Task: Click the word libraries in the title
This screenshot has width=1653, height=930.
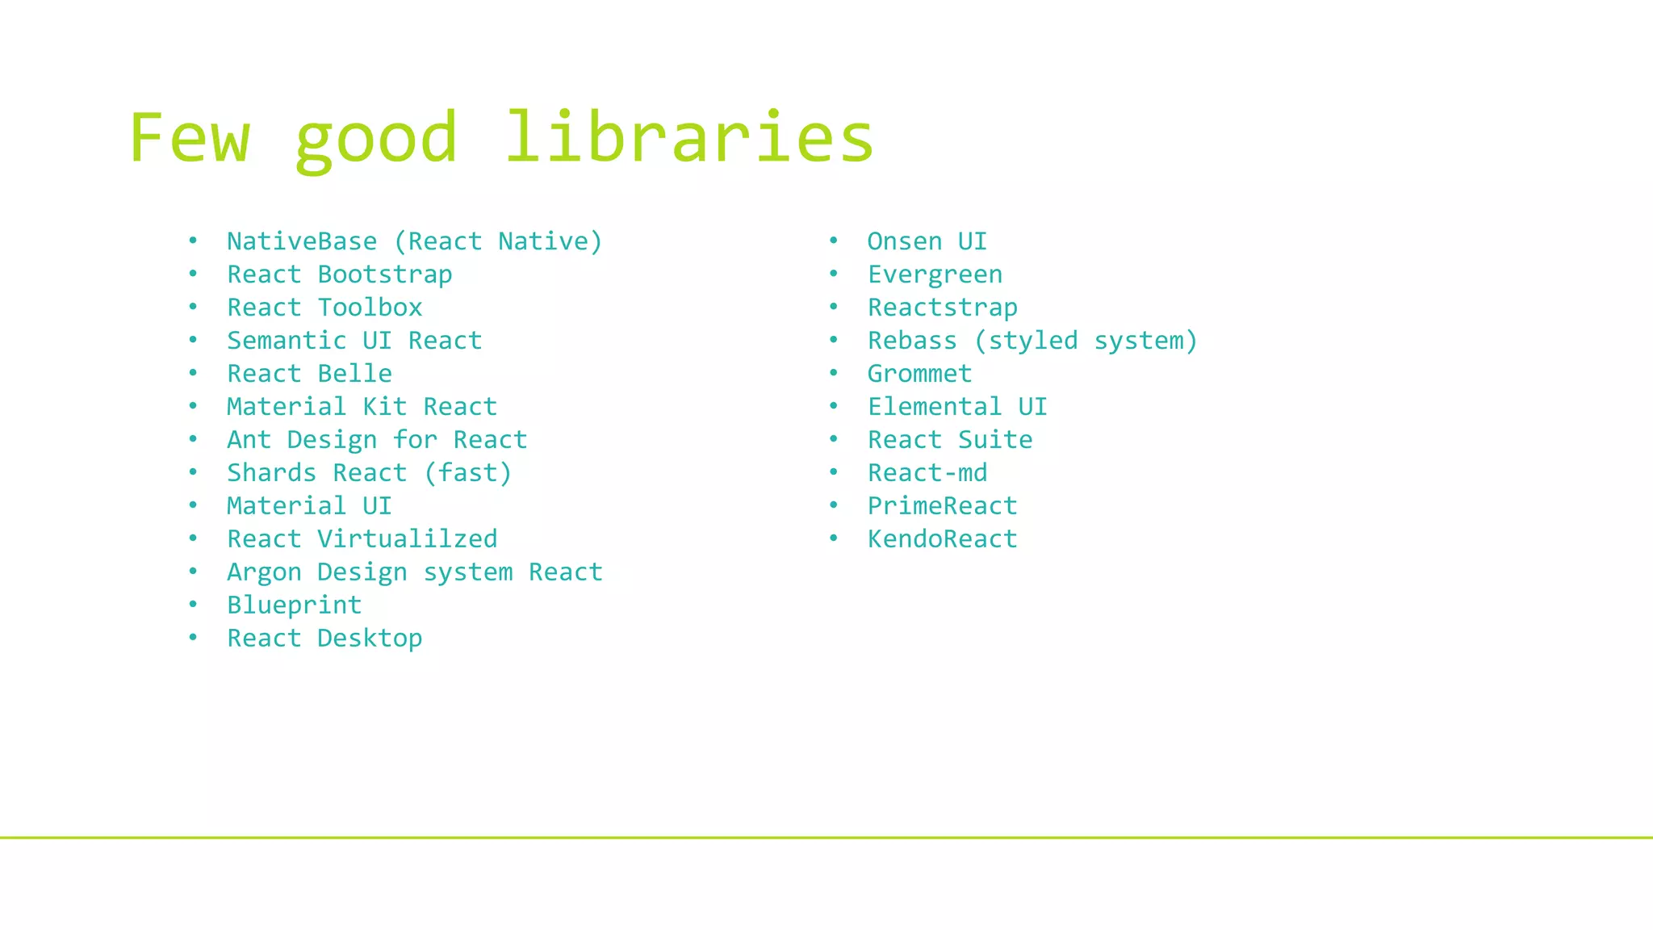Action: coord(689,137)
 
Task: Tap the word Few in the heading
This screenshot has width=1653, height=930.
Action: coord(190,137)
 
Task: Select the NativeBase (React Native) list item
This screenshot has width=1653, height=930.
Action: coord(414,241)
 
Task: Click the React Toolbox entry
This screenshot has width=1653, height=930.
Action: coord(324,308)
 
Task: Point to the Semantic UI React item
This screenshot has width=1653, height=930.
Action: coord(354,341)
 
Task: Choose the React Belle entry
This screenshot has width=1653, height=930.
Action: coord(309,374)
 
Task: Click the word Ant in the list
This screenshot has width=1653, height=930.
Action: coord(249,440)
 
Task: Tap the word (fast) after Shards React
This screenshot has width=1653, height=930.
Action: coord(467,473)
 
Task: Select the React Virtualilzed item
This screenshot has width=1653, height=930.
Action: coord(362,539)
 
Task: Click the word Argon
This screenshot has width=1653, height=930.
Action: coord(264,572)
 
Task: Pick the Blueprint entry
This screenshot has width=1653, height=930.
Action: coord(294,605)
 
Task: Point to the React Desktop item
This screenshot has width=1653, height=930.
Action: coord(324,639)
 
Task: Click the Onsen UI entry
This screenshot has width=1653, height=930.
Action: coord(927,241)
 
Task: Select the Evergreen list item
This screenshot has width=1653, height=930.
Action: coord(935,274)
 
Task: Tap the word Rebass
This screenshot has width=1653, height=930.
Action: coord(912,341)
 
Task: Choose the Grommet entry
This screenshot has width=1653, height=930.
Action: coord(919,374)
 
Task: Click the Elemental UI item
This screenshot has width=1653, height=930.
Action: coord(957,407)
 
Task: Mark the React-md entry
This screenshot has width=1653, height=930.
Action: coord(927,473)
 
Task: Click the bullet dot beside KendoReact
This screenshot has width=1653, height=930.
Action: coord(834,538)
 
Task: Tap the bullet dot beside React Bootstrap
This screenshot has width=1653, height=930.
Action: coord(193,274)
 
